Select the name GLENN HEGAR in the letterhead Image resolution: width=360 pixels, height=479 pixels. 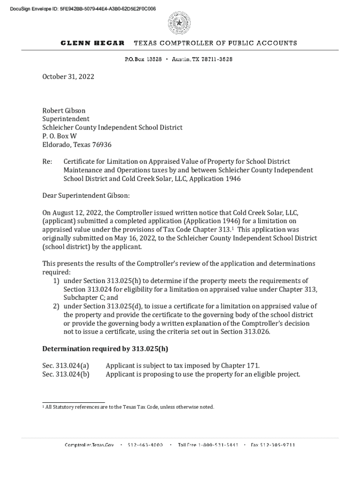(93, 43)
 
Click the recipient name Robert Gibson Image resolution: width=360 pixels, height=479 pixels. (64, 111)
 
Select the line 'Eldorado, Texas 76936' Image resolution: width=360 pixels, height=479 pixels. (77, 145)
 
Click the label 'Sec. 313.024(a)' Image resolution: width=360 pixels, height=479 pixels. (66, 365)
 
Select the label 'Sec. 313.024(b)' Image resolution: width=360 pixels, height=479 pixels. (66, 374)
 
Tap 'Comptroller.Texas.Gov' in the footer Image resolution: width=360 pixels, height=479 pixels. (89, 445)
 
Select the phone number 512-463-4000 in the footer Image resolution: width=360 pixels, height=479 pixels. (145, 445)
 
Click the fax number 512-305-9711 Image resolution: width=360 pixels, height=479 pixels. (273, 445)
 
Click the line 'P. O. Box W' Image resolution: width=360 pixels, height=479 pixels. (59, 136)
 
